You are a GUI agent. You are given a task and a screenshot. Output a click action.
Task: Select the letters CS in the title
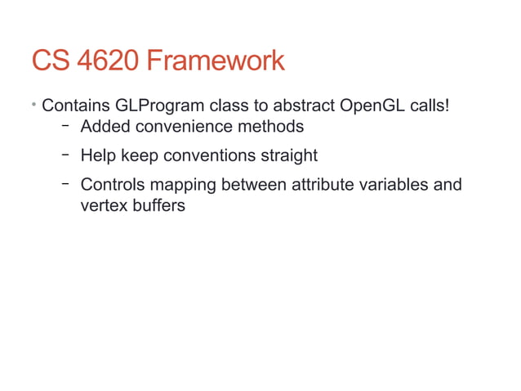(48, 60)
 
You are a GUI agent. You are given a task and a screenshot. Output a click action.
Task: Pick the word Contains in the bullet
(75, 106)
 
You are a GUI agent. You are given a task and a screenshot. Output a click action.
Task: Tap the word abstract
(300, 106)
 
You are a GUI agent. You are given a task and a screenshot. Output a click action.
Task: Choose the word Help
(98, 155)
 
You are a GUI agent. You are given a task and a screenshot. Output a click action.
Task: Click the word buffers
(158, 204)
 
